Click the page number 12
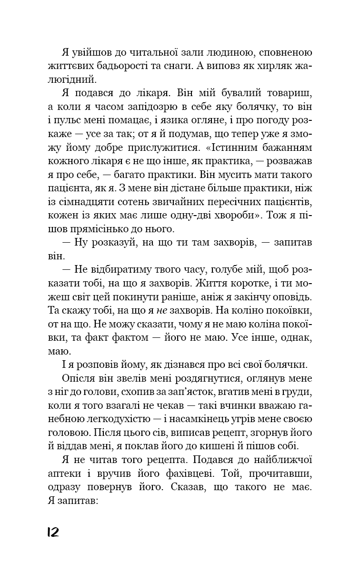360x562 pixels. point(52,532)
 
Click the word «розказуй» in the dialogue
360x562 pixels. point(107,242)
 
